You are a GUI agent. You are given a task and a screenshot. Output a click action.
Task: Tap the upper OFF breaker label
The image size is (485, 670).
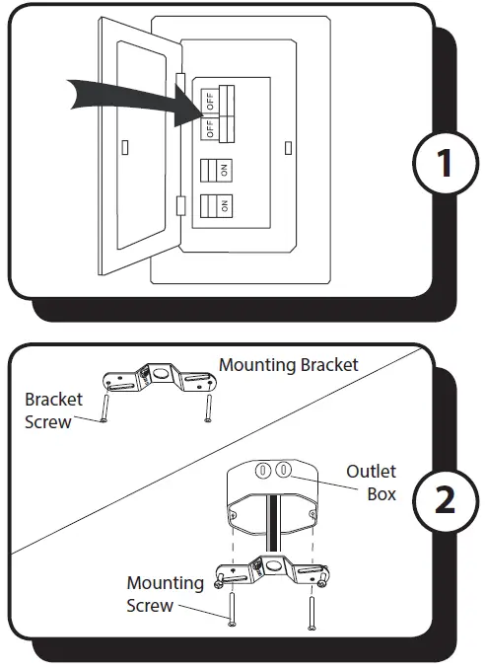[209, 100]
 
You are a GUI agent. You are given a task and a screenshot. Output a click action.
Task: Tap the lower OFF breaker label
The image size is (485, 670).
[209, 128]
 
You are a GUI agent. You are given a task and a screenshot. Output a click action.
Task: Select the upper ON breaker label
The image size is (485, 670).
[225, 170]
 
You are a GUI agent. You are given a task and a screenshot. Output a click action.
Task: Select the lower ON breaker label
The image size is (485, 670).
[225, 206]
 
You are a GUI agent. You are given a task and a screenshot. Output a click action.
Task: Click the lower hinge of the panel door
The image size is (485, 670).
[179, 206]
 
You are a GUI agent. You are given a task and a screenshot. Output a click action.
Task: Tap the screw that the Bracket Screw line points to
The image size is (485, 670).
[104, 407]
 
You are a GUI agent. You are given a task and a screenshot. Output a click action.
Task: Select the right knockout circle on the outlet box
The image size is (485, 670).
[283, 471]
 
